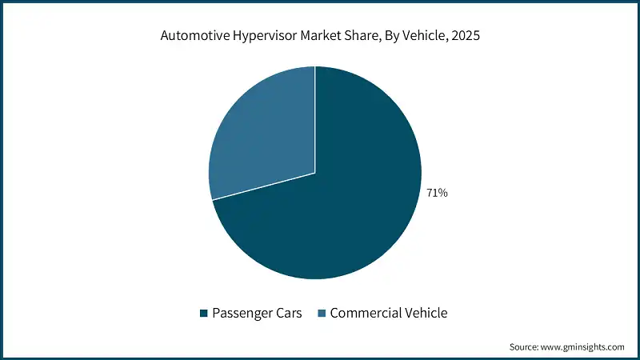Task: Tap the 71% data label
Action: click(x=438, y=192)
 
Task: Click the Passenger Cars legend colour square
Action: click(x=203, y=314)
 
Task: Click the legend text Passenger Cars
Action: click(x=256, y=314)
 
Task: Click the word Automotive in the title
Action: click(x=192, y=36)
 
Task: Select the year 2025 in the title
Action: click(x=465, y=36)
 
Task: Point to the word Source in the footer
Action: click(x=526, y=347)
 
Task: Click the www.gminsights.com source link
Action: click(x=586, y=347)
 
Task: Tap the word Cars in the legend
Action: click(x=288, y=314)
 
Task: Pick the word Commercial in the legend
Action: click(x=361, y=314)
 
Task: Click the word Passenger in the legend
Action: click(x=241, y=314)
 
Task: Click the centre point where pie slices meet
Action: click(x=315, y=173)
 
